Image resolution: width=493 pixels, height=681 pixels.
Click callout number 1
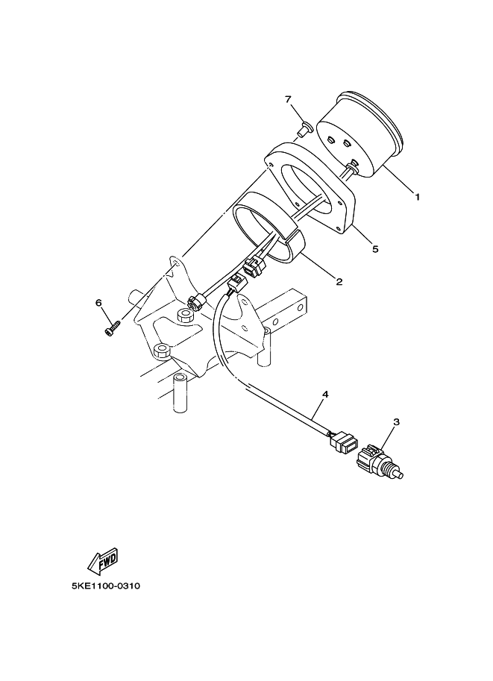coord(418,197)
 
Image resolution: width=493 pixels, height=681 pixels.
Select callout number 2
coord(339,282)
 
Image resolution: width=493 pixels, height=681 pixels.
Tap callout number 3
coord(396,421)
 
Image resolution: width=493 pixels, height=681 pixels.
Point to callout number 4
coord(325,395)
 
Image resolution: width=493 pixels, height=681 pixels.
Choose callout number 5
coord(375,249)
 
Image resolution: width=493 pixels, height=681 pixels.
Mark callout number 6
coord(98,303)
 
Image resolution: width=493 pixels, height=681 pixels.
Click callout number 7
coord(288,99)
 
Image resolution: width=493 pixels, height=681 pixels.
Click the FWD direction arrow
coord(102,561)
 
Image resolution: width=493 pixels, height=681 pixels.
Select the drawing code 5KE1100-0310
coord(106,586)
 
